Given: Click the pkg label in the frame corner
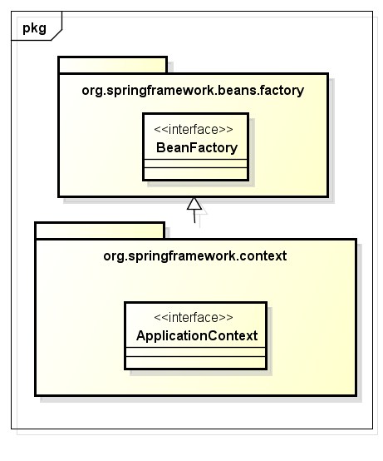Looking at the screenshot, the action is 34,29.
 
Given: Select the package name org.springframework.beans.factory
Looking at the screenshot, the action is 193,91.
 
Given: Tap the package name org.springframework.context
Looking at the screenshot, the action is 195,256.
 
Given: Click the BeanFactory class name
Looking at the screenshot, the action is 197,148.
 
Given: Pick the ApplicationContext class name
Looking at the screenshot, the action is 197,335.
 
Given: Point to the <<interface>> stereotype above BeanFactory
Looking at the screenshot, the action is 194,129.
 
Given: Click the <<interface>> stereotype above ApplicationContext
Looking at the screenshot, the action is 194,318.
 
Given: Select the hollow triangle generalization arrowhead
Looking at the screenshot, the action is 194,203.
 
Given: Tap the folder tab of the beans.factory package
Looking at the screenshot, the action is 113,65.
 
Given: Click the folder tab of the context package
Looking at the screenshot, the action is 100,230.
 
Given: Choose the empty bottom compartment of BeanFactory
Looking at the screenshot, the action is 195,173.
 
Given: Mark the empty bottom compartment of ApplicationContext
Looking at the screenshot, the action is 195,362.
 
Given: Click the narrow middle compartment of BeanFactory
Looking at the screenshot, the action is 195,163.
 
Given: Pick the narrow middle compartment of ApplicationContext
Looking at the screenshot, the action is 195,352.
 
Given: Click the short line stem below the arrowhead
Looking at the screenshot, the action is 194,216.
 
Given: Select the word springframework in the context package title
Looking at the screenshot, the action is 182,256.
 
